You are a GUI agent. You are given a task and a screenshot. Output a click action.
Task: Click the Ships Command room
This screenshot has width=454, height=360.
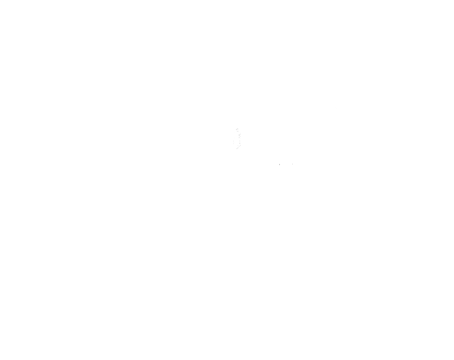point(180,253)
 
